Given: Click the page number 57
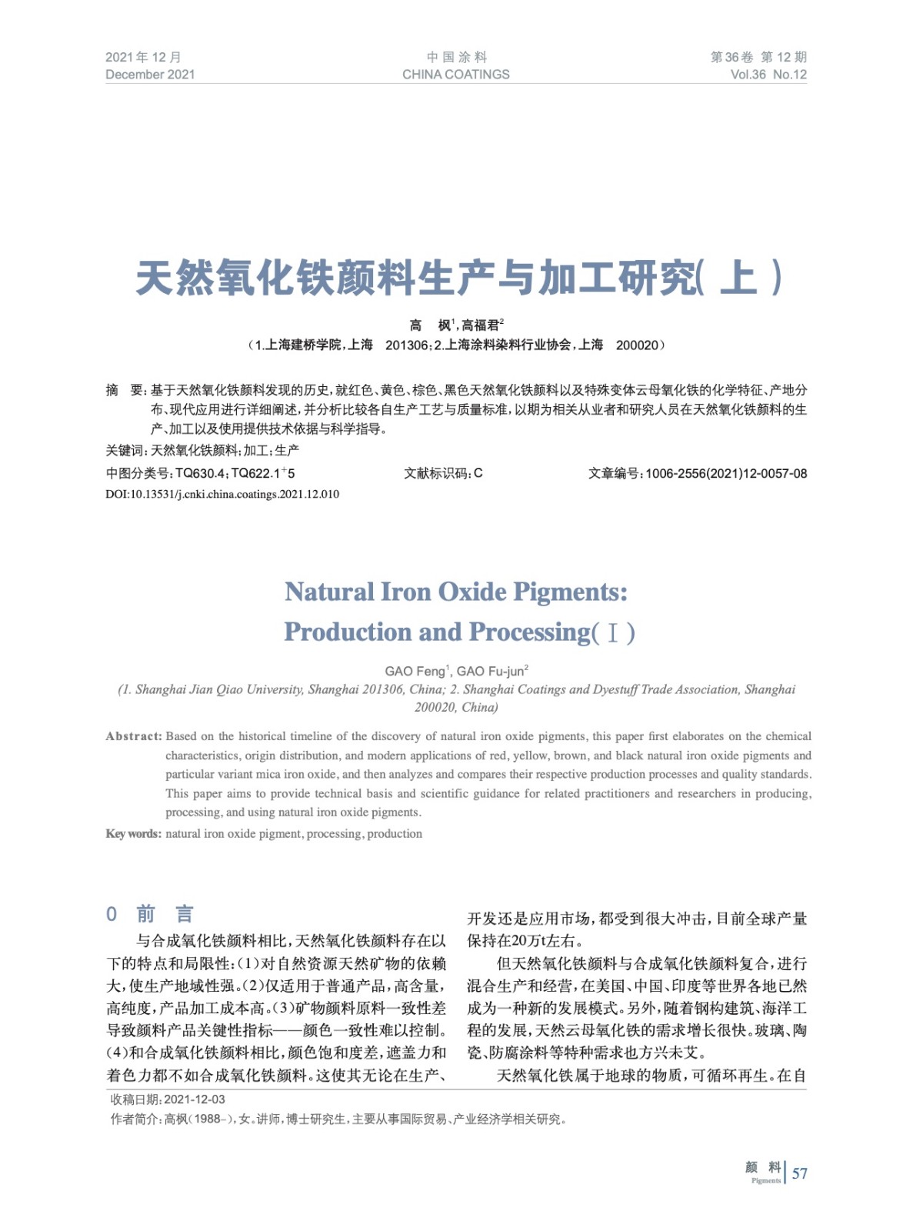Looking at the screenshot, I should pos(800,1173).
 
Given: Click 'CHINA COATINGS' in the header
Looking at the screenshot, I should pos(455,75).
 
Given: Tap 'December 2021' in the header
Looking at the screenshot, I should pos(150,75).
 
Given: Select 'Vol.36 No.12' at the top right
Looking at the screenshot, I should pos(768,75).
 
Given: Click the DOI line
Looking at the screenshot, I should pos(222,494).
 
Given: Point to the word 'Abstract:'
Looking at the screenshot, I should pos(134,736).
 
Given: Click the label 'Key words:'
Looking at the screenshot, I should pos(133,833).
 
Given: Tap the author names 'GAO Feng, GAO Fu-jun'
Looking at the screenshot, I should pos(456,671).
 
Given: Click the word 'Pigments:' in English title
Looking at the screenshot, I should pos(570,592).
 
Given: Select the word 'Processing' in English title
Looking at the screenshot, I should pos(529,632).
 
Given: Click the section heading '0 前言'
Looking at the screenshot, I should pos(150,914).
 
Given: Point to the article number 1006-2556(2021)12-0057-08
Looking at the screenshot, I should pos(726,473).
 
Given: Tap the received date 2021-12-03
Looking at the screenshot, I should pos(195,1099).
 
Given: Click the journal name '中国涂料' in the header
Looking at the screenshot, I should pos(456,57).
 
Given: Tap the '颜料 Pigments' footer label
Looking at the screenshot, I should pos(763,1172).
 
